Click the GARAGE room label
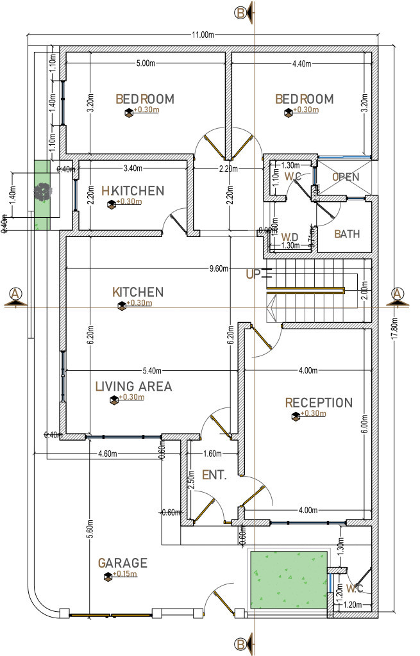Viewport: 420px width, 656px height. pyautogui.click(x=122, y=563)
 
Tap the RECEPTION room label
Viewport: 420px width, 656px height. pyautogui.click(x=319, y=403)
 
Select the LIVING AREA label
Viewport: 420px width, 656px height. pyautogui.click(x=133, y=386)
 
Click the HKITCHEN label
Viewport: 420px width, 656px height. pyautogui.click(x=133, y=191)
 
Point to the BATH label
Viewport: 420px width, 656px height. pyautogui.click(x=347, y=234)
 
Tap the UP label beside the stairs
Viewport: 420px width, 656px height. pyautogui.click(x=253, y=274)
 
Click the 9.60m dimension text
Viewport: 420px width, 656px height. pyautogui.click(x=218, y=269)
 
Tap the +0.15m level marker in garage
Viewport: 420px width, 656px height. pyautogui.click(x=126, y=574)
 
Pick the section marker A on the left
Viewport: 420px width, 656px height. pyautogui.click(x=15, y=294)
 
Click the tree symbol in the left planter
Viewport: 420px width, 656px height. pyautogui.click(x=42, y=191)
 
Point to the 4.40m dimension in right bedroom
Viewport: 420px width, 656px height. pyautogui.click(x=301, y=63)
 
